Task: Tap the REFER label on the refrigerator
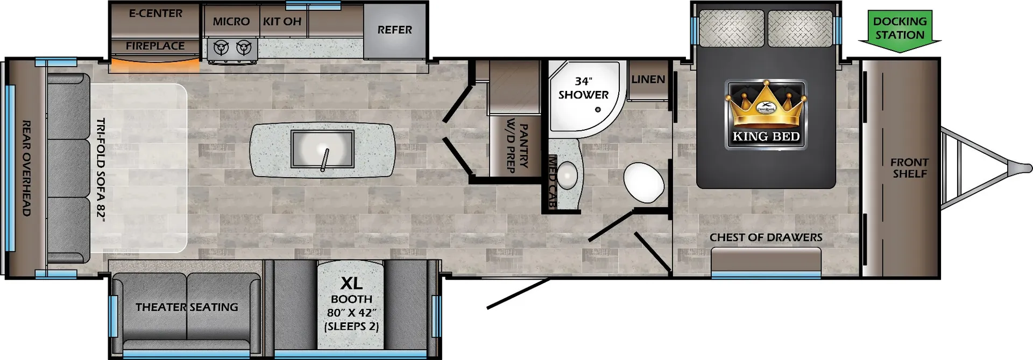coord(394,30)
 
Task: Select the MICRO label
coord(231,22)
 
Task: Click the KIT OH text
coord(282,22)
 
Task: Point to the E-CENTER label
coord(155,13)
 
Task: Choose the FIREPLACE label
coord(155,46)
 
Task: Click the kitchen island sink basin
coord(322,148)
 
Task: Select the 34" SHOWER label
coord(583,88)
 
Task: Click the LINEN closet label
coord(648,79)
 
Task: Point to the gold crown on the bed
coord(766,104)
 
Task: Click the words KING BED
coord(766,137)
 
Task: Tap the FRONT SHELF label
coord(909,168)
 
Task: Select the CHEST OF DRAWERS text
coord(766,237)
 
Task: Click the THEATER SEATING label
coord(187,307)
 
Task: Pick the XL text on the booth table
coord(351,283)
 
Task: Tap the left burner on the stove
coord(221,48)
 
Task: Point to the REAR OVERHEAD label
coord(26,168)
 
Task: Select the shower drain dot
coord(598,110)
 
